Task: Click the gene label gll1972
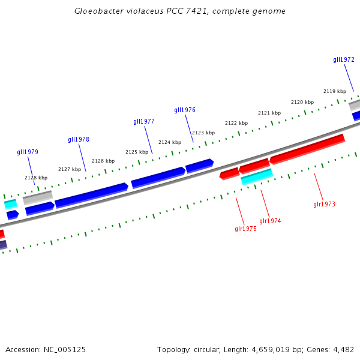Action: pos(344,59)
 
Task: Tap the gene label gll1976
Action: pos(185,110)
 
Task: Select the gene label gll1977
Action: pos(144,121)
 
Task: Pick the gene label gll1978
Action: pos(79,139)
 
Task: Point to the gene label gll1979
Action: pos(28,152)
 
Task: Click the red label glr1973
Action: pos(324,204)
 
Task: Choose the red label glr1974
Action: pos(270,221)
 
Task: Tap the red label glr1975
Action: pos(245,229)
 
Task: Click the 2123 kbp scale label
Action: pos(203,133)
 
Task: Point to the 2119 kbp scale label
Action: pos(335,91)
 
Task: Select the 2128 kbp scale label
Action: pos(36,178)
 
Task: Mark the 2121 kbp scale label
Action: pos(269,113)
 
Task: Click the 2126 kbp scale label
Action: pos(103,161)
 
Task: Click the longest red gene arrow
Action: pos(307,148)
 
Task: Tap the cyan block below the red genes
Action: pos(257,176)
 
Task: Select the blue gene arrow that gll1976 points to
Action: pos(199,165)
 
